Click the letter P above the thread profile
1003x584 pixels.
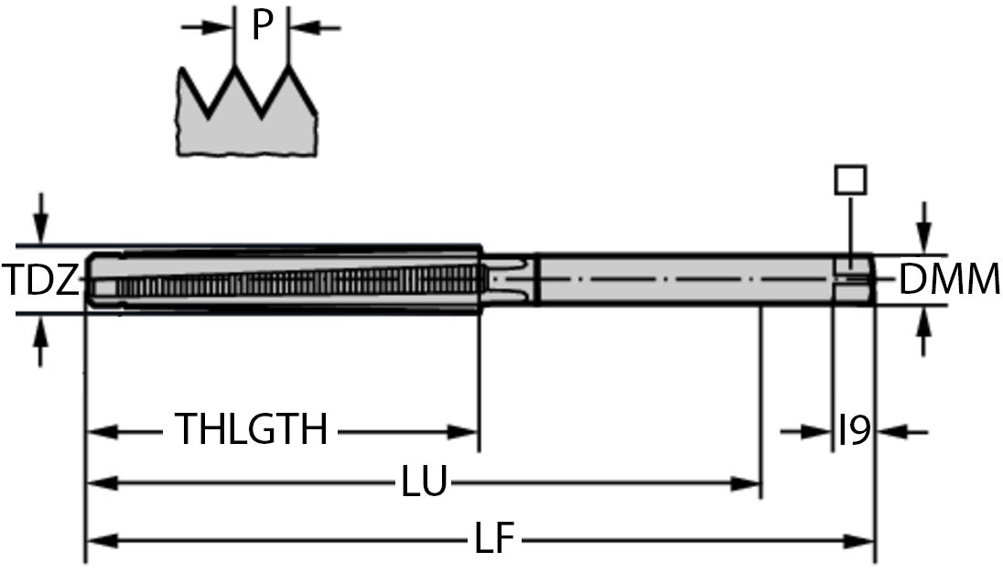[263, 27]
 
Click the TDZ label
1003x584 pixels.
[40, 281]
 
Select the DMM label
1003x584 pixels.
[949, 280]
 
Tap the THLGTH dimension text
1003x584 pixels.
[251, 429]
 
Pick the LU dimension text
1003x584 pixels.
[425, 482]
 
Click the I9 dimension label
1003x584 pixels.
[854, 429]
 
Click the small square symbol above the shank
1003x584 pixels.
[850, 179]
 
